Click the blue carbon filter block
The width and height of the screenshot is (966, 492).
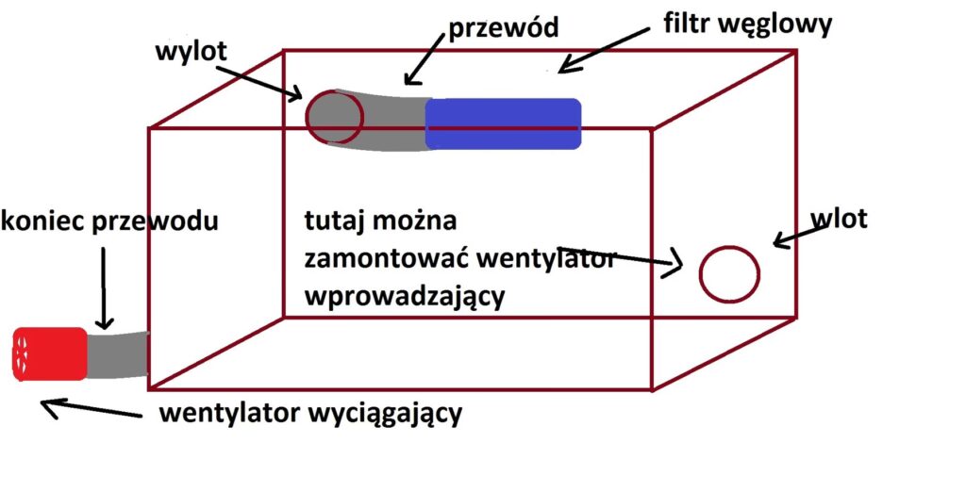[x=503, y=123]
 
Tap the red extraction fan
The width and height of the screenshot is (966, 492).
[x=49, y=353]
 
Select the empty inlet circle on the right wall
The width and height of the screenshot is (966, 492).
[x=729, y=274]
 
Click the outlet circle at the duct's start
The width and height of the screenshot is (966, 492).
[x=335, y=117]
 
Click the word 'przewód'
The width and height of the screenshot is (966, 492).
[x=504, y=27]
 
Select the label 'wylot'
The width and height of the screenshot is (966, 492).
[x=192, y=51]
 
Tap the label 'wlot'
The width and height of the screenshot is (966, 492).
[x=838, y=220]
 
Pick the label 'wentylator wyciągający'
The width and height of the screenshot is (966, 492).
[x=311, y=413]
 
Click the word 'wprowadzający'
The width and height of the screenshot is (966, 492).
[x=406, y=295]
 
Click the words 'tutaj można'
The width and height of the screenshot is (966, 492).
[x=380, y=222]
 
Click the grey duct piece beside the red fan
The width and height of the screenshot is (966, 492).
[x=118, y=354]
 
